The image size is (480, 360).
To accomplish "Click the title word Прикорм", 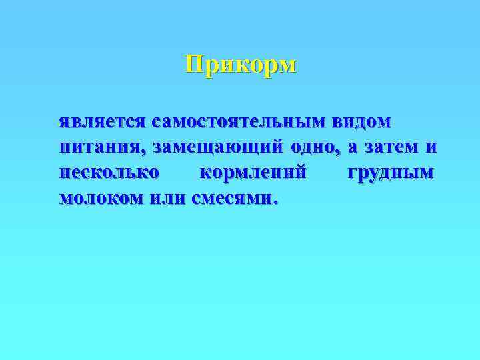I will click(241, 65).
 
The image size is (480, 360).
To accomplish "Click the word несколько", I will click(109, 172).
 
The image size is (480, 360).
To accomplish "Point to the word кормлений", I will click(253, 172).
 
